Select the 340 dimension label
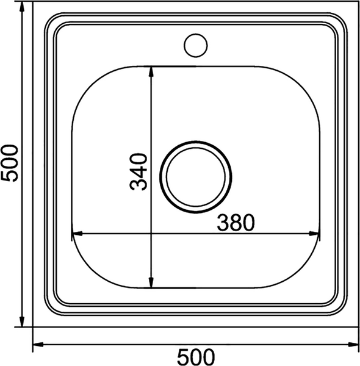[x=140, y=173]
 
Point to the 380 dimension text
[x=234, y=223]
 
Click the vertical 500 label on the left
[x=10, y=163]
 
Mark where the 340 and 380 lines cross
[x=151, y=233]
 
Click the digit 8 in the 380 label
[x=234, y=223]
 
